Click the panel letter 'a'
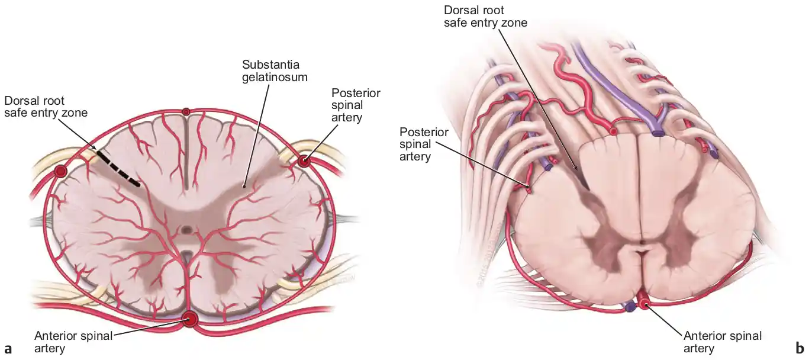point(8,349)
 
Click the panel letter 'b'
point(800,348)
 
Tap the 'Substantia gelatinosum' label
point(275,70)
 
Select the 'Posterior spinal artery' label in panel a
point(356,105)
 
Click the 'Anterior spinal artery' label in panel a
point(73,342)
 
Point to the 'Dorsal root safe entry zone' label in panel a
point(46,107)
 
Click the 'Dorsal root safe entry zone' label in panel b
point(485,17)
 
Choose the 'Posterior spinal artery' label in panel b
point(424,144)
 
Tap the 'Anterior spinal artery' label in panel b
point(723,342)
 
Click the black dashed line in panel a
point(118,169)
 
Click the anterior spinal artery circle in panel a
point(190,319)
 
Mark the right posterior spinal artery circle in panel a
point(304,160)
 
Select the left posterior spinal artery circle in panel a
point(60,171)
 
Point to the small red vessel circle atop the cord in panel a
point(186,112)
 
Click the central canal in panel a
point(187,230)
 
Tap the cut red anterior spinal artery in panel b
point(643,301)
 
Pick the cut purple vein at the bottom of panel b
point(630,307)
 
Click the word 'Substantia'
point(271,65)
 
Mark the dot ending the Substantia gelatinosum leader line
point(244,187)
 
